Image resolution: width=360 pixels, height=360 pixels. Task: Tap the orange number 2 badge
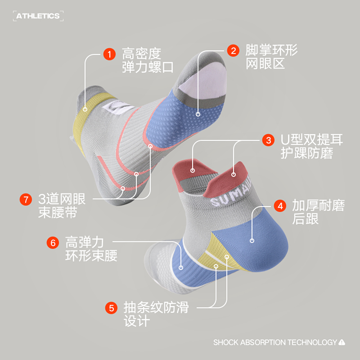[233, 50]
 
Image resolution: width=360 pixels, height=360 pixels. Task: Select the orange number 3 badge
[269, 140]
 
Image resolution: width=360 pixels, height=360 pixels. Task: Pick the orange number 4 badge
[280, 206]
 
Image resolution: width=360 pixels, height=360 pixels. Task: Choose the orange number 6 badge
[53, 243]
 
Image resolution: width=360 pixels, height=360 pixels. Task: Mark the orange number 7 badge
[26, 199]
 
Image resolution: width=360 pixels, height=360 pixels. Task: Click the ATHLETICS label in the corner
[38, 16]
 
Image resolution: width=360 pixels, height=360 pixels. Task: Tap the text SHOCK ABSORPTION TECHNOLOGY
[275, 342]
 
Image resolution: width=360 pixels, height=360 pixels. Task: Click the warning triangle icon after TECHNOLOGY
[342, 342]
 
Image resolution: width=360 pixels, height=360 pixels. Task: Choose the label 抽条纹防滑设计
[156, 315]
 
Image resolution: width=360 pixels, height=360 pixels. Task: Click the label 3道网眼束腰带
[62, 205]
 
